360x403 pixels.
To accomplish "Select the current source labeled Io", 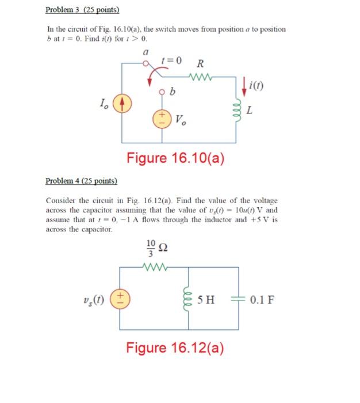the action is (x=121, y=107).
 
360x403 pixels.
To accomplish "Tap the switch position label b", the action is (x=173, y=92).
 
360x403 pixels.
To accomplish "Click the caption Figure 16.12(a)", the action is (x=175, y=348).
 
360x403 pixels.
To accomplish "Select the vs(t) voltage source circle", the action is (x=121, y=299).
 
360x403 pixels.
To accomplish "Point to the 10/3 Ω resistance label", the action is (x=156, y=248).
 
